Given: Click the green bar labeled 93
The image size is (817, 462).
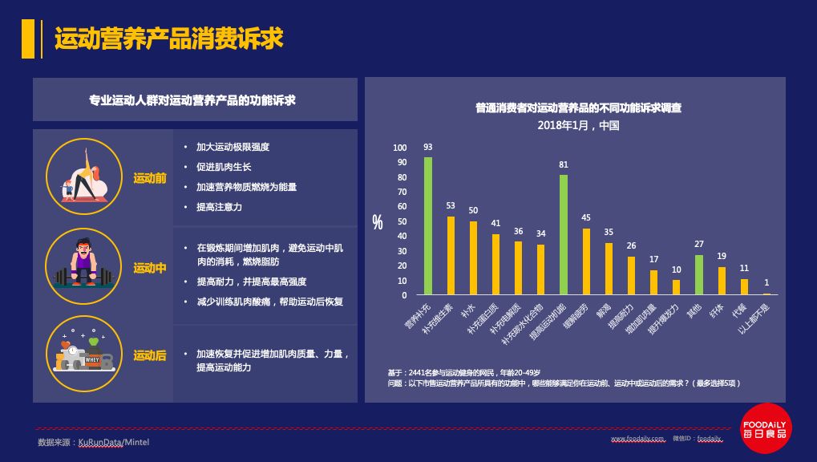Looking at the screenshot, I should click(x=428, y=226).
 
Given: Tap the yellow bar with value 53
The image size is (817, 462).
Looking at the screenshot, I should click(x=451, y=256).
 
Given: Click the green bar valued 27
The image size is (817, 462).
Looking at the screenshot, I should click(x=699, y=275).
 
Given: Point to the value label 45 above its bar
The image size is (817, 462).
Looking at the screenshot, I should click(x=586, y=218).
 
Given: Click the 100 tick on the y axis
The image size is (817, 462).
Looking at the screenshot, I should click(x=400, y=148).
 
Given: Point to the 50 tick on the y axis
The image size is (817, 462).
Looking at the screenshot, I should click(x=402, y=221).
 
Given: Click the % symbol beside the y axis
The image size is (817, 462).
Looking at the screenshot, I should click(x=378, y=223).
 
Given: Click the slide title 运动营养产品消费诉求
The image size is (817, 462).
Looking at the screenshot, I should click(x=168, y=39).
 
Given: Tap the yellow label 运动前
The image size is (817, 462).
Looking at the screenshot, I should click(x=150, y=178).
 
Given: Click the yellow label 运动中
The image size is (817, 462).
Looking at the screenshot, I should click(x=150, y=268).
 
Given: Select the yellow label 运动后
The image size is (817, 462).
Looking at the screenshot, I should click(x=150, y=355).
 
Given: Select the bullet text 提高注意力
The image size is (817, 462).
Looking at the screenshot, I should click(x=219, y=207).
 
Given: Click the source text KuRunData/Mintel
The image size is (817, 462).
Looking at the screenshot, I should click(x=114, y=443).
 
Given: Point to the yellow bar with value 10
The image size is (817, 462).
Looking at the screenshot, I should click(x=677, y=287).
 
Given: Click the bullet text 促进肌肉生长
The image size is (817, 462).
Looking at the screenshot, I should click(x=224, y=167).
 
